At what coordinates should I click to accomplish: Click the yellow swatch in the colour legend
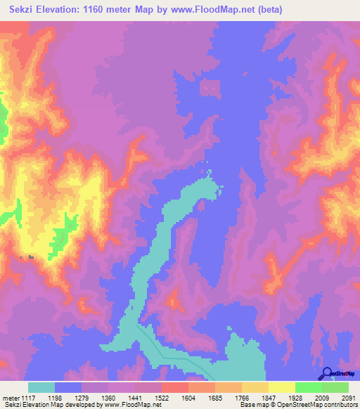[x=281, y=387]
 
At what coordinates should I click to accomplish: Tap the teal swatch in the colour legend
[x=41, y=387]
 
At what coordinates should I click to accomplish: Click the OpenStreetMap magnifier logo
[x=327, y=374]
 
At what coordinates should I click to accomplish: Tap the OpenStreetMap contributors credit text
[x=321, y=405]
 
